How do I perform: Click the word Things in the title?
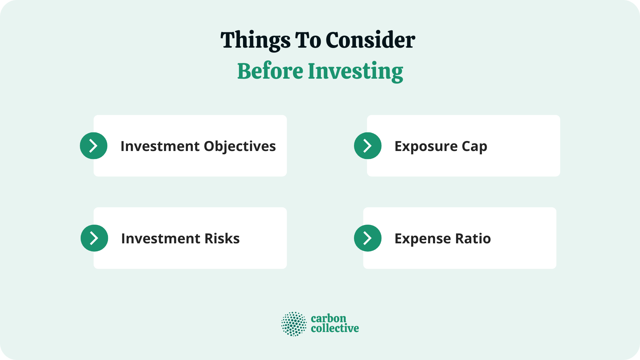[x=255, y=40]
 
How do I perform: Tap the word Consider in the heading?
[x=370, y=40]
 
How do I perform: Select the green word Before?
[x=270, y=71]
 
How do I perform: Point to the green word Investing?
[x=355, y=71]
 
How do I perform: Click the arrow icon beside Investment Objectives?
[x=94, y=146]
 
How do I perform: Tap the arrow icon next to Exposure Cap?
[x=368, y=146]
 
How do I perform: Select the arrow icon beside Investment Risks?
[x=94, y=238]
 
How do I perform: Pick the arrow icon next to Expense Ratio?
[x=368, y=238]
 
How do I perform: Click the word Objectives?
[x=240, y=146]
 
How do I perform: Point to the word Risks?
[x=222, y=239]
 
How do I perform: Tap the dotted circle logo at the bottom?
[x=294, y=324]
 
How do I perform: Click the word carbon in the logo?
[x=328, y=318]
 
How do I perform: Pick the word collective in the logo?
[x=335, y=328]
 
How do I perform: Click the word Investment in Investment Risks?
[x=160, y=239]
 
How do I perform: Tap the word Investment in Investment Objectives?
[x=160, y=146]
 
